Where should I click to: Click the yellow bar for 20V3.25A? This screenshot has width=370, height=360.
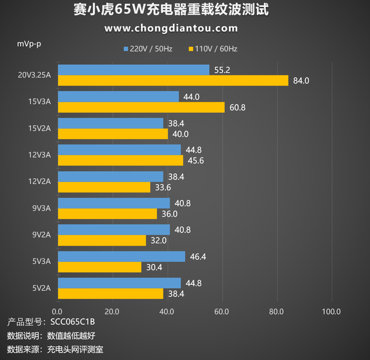coord(173,81)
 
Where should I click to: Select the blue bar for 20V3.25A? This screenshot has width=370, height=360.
coord(134,70)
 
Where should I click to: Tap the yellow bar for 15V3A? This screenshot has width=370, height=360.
coord(141,107)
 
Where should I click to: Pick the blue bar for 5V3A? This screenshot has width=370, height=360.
coord(121,257)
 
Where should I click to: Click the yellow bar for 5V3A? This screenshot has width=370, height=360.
coord(99,268)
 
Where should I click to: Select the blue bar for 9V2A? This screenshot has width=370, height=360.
coord(114,230)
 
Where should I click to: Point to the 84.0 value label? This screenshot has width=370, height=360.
coord(301,81)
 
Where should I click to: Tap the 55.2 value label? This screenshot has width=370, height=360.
coord(223,70)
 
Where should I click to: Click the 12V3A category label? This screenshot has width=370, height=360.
coord(40,155)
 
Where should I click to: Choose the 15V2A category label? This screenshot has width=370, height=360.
coord(40,128)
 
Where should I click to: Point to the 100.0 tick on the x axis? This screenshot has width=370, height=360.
coord(331,312)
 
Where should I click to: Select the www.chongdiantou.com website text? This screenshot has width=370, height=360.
coord(171,28)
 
